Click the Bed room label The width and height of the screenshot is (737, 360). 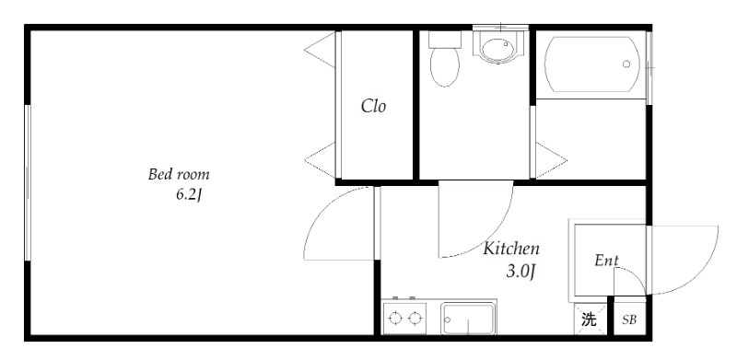click(179, 174)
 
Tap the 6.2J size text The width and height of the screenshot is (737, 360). click(188, 195)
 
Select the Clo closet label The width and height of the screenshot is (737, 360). click(373, 106)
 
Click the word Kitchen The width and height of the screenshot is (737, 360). click(511, 249)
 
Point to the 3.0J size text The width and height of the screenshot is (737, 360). click(521, 272)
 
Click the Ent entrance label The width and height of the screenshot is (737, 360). click(606, 261)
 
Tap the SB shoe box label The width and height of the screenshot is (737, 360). click(629, 320)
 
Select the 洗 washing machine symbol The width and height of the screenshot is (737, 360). click(590, 319)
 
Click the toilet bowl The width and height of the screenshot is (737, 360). click(444, 67)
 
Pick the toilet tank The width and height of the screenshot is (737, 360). click(445, 40)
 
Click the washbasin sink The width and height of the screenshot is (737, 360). click(500, 48)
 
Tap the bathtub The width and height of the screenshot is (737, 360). click(591, 64)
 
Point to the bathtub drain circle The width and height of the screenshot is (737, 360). click(626, 64)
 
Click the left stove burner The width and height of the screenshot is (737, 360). click(395, 319)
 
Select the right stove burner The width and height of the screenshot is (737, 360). click(414, 319)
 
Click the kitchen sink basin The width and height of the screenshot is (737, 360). click(468, 319)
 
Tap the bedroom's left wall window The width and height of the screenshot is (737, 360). click(28, 182)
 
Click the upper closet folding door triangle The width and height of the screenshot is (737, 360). click(320, 50)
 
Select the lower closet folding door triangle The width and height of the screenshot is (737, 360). click(320, 160)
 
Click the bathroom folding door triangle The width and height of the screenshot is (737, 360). click(551, 161)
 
